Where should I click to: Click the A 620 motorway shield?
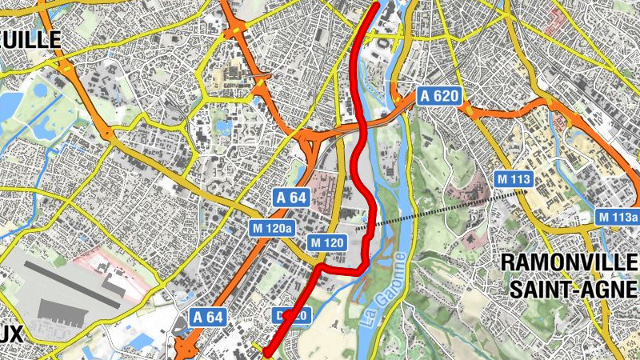(440, 96)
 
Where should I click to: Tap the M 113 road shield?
(513, 179)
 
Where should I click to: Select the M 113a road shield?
(618, 217)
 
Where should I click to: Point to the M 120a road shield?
(273, 229)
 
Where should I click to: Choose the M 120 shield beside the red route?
(326, 242)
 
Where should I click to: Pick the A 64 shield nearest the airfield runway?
(207, 317)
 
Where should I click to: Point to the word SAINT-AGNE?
(574, 287)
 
